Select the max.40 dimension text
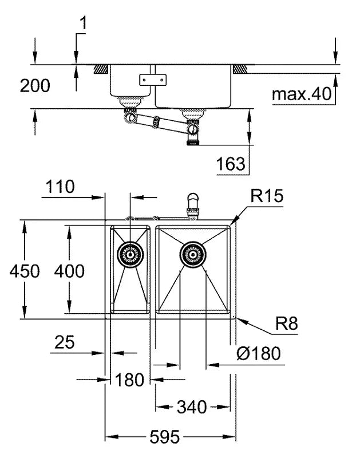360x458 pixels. point(301,94)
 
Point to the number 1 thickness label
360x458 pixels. point(84,23)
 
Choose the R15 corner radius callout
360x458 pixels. point(267,196)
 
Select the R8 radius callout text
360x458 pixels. point(286,324)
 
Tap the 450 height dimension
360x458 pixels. point(25,271)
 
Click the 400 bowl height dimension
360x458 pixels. point(69,271)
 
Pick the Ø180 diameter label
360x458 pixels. point(259,354)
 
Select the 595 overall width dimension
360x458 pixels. point(164,437)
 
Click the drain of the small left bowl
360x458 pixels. point(130,252)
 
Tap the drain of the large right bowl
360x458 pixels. point(193,253)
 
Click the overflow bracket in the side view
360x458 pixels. point(152,80)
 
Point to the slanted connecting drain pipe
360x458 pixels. point(160,122)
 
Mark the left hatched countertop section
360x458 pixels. point(102,69)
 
